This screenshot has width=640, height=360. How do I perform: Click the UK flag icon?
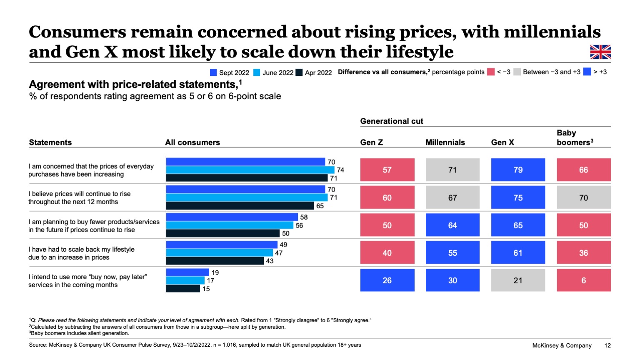[x=600, y=52]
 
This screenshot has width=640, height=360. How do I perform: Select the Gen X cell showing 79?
[x=518, y=170]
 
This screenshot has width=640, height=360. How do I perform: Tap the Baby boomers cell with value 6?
[x=583, y=280]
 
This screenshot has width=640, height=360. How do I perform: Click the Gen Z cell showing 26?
[x=387, y=280]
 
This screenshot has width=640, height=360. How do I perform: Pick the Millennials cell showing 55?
[x=452, y=252]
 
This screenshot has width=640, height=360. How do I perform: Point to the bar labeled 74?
[x=250, y=170]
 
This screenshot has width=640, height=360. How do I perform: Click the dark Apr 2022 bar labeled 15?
[x=183, y=288]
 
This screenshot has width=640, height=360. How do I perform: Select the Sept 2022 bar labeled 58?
[x=232, y=217]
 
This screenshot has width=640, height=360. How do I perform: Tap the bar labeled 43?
[x=215, y=261]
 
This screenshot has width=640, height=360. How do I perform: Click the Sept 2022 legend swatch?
[x=213, y=72]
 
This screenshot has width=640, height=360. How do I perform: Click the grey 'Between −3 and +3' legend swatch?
[x=517, y=72]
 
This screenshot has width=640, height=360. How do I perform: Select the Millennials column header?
[x=445, y=142]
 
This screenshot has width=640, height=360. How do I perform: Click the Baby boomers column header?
[x=575, y=137]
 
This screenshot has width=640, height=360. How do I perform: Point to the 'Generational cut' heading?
[x=391, y=121]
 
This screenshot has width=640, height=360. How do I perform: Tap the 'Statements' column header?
[x=50, y=142]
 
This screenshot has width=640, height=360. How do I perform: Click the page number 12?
[x=607, y=345]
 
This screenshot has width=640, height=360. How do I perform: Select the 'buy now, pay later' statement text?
[x=87, y=281]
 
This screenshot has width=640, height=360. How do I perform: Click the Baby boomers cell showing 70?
[x=583, y=197]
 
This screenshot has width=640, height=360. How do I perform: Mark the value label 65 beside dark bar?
[x=320, y=206]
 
